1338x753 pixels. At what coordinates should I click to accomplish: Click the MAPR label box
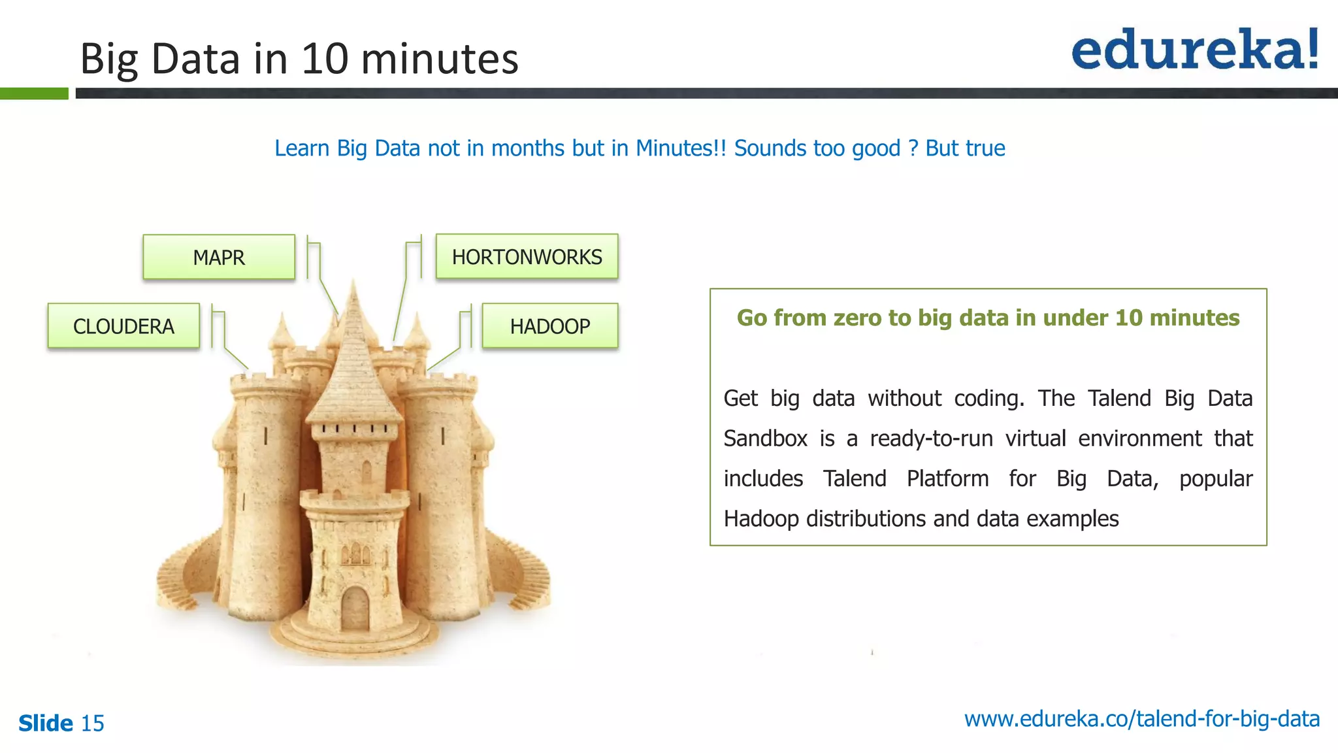pos(219,257)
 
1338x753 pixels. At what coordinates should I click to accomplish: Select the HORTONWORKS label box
pos(527,257)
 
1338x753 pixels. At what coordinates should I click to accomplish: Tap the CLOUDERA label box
pos(123,326)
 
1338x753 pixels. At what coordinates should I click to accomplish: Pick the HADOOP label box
pos(549,326)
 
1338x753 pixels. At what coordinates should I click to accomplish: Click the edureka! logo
pos(1195,50)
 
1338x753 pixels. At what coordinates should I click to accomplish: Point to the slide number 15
pos(92,723)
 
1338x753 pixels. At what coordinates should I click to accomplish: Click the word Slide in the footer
pos(46,723)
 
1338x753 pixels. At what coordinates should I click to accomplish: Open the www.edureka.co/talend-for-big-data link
pos(1141,718)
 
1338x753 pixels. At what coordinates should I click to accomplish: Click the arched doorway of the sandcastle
pos(355,608)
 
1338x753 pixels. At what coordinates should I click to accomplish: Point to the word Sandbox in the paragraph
pos(765,438)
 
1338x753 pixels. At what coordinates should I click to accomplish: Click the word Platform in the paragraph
pos(947,478)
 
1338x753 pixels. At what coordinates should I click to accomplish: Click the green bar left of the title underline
pos(34,93)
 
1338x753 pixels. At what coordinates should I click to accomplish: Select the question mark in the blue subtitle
pos(913,148)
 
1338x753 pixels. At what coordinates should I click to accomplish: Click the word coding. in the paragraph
pos(989,398)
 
